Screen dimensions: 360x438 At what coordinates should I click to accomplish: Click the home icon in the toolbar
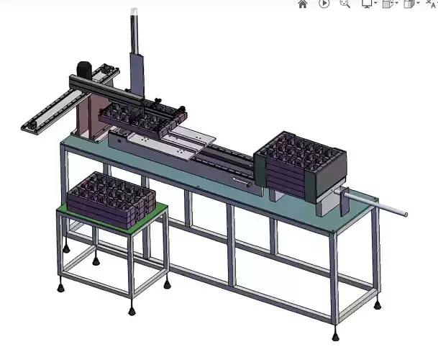click(x=303, y=4)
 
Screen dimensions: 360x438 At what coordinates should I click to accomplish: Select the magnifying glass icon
click(x=345, y=4)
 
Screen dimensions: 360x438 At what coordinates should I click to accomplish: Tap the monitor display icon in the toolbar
click(x=368, y=4)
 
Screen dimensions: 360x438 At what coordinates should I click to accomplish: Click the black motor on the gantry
click(x=82, y=69)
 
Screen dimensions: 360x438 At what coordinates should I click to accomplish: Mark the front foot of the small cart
click(x=132, y=311)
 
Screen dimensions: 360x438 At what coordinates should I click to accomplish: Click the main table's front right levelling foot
click(x=336, y=336)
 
